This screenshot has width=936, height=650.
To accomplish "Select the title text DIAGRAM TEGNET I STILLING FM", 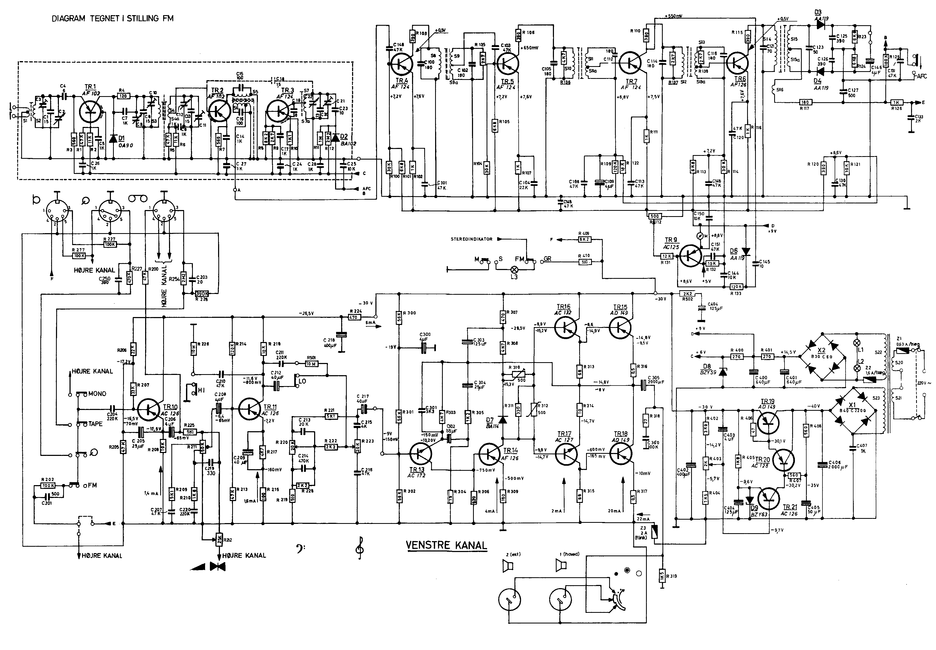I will (112, 18).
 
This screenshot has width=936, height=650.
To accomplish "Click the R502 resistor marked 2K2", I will (688, 294).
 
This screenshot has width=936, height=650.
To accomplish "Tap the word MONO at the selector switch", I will (97, 394).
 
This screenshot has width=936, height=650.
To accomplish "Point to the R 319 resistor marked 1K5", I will (662, 576).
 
